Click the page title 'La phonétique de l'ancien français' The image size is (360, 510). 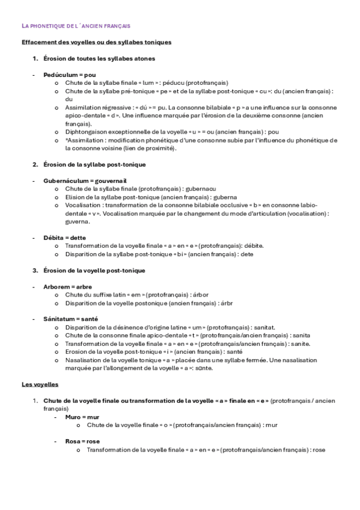coord(76,26)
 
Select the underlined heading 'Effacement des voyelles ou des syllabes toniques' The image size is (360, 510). coord(97,43)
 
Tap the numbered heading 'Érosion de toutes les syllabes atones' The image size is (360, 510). coord(99,58)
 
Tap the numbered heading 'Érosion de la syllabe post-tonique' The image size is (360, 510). coord(94,164)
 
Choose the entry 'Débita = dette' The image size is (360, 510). coord(64,238)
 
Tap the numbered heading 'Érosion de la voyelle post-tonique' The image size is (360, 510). coord(94,270)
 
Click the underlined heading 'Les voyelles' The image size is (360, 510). coord(40,384)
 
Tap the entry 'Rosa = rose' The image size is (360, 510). coord(84,441)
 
